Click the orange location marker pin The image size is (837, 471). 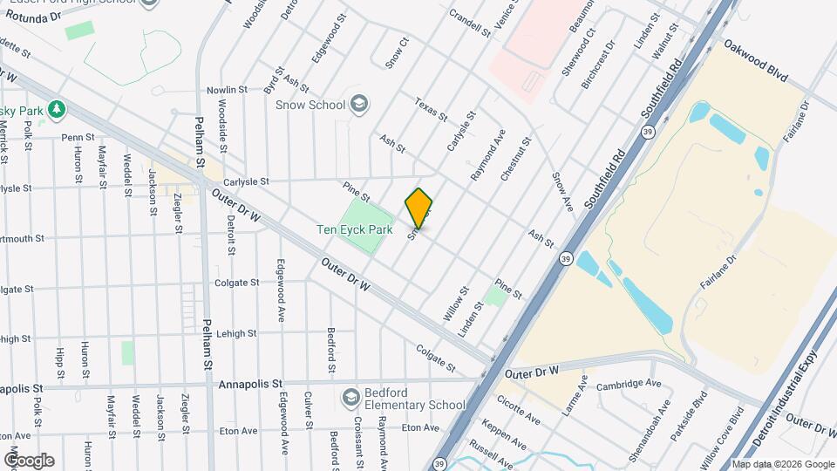(419, 208)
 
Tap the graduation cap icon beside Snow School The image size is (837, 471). (358, 105)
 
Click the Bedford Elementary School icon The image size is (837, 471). (350, 397)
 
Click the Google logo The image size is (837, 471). (29, 460)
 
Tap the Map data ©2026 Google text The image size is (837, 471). (782, 464)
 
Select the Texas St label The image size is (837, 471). (431, 109)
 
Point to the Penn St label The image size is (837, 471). (78, 137)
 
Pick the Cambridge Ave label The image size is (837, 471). (629, 385)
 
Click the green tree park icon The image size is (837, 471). (58, 109)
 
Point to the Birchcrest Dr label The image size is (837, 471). (602, 58)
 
